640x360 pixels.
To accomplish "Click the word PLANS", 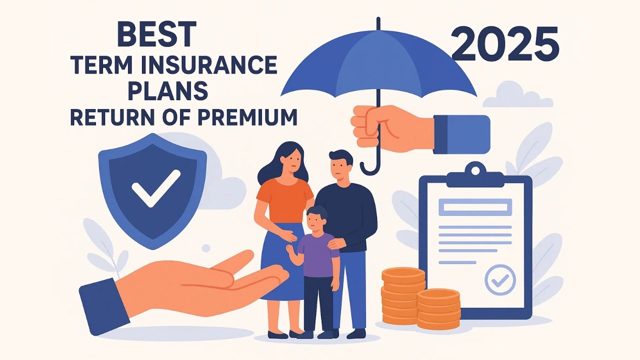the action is coord(168,91).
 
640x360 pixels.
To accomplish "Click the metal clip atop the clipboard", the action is coord(475,175).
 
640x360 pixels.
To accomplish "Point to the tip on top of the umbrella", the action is coord(378,23).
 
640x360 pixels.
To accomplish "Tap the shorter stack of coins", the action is coord(438,308).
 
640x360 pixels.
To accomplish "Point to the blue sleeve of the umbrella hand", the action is coord(461,134).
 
